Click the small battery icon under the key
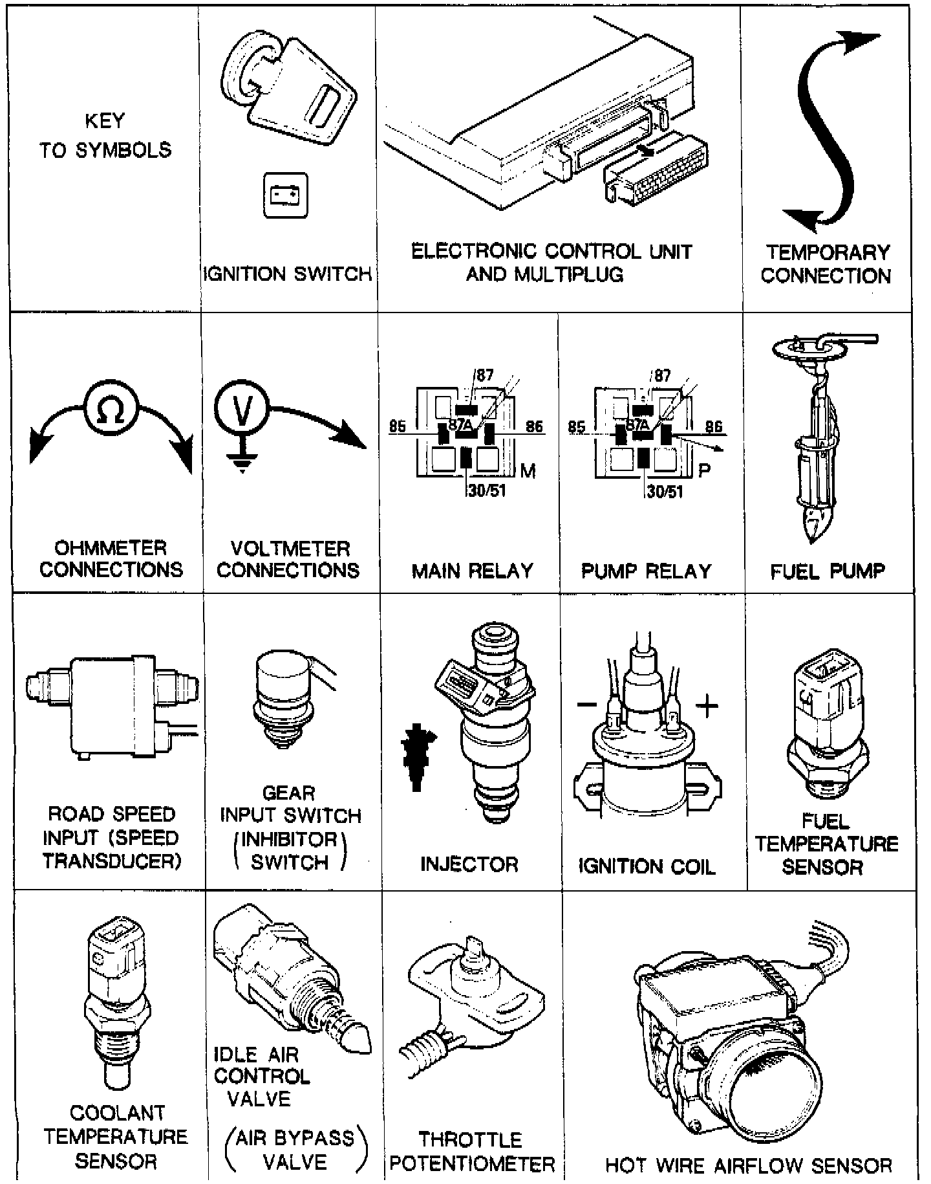coord(285,195)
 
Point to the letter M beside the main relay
coord(528,470)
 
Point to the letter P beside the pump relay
coord(704,470)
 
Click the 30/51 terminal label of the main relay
coord(487,490)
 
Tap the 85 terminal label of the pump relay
coord(576,427)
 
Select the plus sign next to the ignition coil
coord(707,705)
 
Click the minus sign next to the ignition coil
coord(587,705)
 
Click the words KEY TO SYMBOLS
coord(105,136)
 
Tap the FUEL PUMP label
coord(828,571)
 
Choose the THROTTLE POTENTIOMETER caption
coord(472,1152)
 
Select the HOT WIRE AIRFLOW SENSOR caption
coord(748,1165)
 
